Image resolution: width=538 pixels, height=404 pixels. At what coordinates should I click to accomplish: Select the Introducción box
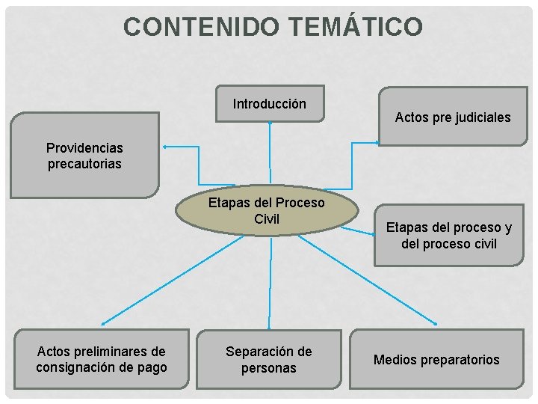270,104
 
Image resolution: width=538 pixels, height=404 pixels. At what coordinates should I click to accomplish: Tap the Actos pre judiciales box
452,117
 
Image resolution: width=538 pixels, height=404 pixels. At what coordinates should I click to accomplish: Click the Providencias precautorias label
84,156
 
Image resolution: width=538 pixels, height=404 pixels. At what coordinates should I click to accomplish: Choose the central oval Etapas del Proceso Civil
266,210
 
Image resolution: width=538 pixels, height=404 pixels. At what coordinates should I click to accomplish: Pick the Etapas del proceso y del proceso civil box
448,236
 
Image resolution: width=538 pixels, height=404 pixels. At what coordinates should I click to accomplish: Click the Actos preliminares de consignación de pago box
102,359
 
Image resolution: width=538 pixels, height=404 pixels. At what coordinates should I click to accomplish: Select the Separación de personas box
269,359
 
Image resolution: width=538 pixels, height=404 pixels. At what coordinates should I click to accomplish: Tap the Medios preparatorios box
436,360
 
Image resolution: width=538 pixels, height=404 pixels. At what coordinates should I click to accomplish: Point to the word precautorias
84,163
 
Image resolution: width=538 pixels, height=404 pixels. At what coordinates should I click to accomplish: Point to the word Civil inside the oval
267,219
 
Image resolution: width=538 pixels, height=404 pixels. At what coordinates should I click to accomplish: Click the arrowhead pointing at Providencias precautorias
165,147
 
